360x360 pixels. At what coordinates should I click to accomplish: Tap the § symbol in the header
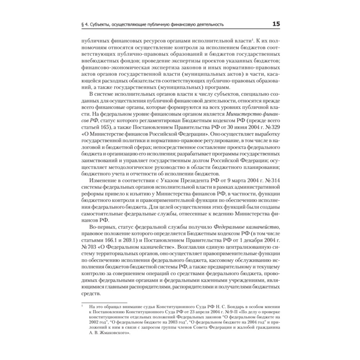coord(84,25)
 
